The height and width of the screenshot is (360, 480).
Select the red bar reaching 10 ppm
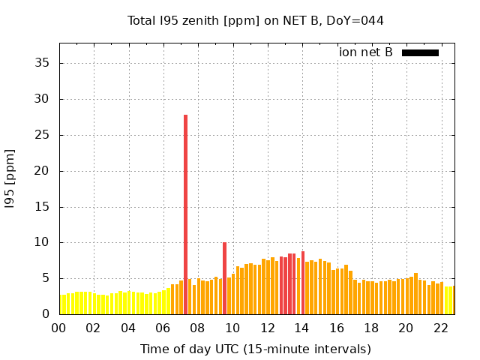tap(224, 277)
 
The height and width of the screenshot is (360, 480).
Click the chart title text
tap(255, 20)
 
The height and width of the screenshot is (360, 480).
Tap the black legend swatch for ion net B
tap(420, 52)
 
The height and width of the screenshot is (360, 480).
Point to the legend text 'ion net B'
tap(366, 52)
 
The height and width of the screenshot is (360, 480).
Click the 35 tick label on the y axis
tap(41, 63)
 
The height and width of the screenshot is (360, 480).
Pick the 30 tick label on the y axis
tap(41, 99)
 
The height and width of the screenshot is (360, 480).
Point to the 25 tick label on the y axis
tap(41, 135)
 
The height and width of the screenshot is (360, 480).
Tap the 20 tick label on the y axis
tap(41, 171)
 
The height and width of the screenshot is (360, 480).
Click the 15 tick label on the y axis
tap(41, 207)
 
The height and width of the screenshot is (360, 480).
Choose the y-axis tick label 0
tap(45, 314)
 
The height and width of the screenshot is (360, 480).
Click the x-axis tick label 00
tap(59, 328)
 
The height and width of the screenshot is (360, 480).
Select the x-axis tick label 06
tap(163, 328)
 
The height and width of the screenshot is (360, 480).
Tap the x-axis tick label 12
tap(267, 328)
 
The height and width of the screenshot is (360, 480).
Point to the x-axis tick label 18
tap(370, 328)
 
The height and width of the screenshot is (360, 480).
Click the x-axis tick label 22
tap(440, 328)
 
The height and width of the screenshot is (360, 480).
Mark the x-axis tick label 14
tap(301, 328)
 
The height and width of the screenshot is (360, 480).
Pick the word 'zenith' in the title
tap(197, 20)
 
